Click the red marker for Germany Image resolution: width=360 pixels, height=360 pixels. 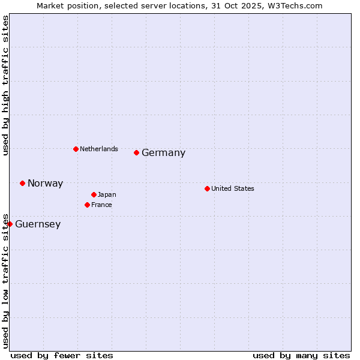pyautogui.click(x=136, y=152)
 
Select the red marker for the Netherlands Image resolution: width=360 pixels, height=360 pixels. pyautogui.click(x=76, y=149)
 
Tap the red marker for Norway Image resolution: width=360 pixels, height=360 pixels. pyautogui.click(x=22, y=183)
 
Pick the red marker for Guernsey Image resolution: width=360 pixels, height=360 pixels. pyautogui.click(x=10, y=224)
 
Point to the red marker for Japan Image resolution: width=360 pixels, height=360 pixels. pyautogui.click(x=94, y=194)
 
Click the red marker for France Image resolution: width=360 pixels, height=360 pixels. pyautogui.click(x=87, y=205)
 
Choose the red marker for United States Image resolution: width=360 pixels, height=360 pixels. pyautogui.click(x=207, y=188)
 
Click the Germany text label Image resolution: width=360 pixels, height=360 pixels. pyautogui.click(x=163, y=153)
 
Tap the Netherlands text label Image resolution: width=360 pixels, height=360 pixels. pyautogui.click(x=99, y=149)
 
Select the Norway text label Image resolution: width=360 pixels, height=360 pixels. pyautogui.click(x=45, y=184)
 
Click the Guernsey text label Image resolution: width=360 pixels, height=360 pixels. pyautogui.click(x=38, y=224)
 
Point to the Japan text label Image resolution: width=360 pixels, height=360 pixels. pyautogui.click(x=107, y=194)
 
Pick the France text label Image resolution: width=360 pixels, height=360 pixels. pyautogui.click(x=101, y=205)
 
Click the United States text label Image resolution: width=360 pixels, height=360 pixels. pyautogui.click(x=233, y=188)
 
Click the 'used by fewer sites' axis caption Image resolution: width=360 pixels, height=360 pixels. pyautogui.click(x=62, y=355)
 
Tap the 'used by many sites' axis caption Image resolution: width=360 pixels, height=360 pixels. pyautogui.click(x=301, y=355)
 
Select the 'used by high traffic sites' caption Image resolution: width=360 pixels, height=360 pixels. pyautogui.click(x=5, y=85)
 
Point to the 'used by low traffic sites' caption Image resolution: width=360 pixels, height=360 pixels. pyautogui.click(x=5, y=281)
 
